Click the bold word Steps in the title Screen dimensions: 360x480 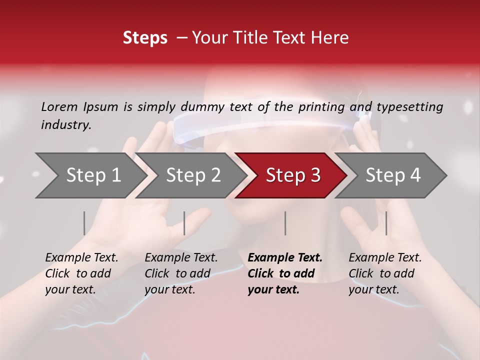(145, 38)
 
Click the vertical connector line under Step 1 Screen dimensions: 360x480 (84, 223)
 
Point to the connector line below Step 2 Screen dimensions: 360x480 (184, 223)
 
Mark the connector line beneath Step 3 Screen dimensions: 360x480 (285, 223)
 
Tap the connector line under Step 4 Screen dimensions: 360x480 (386, 223)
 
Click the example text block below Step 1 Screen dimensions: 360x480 (81, 273)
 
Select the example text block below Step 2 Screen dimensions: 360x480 (181, 273)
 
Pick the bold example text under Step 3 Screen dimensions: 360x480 (285, 273)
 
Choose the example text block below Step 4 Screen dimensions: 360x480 (385, 273)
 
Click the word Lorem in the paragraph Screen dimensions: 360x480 (59, 107)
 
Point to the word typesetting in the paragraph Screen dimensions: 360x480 (409, 107)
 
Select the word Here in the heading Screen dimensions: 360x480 (332, 38)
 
